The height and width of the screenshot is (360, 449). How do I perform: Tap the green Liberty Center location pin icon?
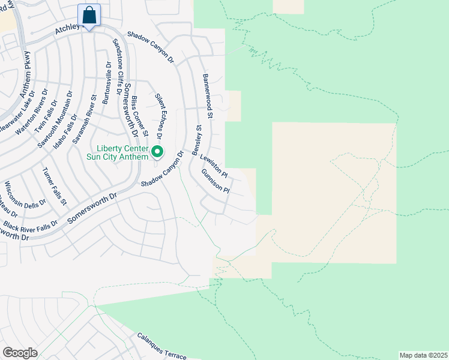tap(157, 152)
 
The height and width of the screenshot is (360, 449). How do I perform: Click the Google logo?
tap(20, 353)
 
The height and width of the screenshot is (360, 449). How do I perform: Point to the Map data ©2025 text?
tap(423, 355)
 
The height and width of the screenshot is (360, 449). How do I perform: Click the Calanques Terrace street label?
tap(161, 347)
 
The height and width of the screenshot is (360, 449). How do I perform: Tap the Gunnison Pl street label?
tap(215, 181)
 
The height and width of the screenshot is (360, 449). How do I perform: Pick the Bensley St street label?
tap(196, 141)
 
